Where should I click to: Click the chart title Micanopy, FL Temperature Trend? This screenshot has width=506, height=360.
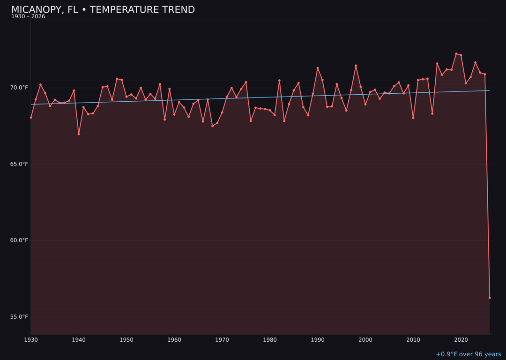103,10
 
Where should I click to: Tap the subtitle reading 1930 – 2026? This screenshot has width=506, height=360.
28,17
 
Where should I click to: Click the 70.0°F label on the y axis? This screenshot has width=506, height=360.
19,88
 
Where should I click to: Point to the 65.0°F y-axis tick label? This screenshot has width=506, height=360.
19,164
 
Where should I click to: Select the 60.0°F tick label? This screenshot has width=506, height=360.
19,240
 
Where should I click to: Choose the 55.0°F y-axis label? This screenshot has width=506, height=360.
19,317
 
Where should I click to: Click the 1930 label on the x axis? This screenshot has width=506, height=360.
31,340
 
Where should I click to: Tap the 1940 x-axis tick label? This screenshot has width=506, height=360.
79,340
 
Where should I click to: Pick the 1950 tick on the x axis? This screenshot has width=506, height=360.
126,340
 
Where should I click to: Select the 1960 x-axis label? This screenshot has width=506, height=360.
174,340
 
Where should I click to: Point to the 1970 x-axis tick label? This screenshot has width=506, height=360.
222,340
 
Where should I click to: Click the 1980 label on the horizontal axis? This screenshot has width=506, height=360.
270,340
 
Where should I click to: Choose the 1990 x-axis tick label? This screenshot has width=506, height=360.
318,340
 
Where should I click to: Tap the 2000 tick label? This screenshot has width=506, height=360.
365,340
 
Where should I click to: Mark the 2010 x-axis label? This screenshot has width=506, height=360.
413,340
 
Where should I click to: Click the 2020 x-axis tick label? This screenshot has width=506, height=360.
461,340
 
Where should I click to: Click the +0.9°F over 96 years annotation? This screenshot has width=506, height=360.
468,354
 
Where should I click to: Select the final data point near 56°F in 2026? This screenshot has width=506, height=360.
490,298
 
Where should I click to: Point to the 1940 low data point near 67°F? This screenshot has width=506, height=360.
79,134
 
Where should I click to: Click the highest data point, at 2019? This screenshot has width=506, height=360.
456,54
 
